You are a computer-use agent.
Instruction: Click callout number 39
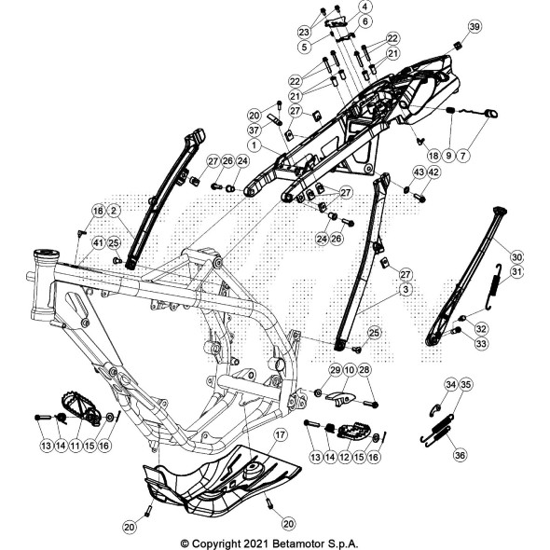click(474, 27)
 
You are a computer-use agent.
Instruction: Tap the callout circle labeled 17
click(280, 435)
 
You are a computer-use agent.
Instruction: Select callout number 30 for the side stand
click(516, 257)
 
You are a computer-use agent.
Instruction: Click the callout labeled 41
click(99, 242)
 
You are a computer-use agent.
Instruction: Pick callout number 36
click(460, 455)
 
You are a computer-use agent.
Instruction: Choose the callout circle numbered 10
click(350, 370)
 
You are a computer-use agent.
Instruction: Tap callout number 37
click(254, 131)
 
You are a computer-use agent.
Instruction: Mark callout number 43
click(419, 172)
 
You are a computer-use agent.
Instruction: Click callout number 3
click(406, 289)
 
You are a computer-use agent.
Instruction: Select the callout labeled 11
click(75, 446)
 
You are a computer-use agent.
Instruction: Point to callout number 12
click(345, 457)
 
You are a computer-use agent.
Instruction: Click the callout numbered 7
click(463, 155)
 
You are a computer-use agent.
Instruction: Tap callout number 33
click(481, 343)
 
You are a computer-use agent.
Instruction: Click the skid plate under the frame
click(222, 481)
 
